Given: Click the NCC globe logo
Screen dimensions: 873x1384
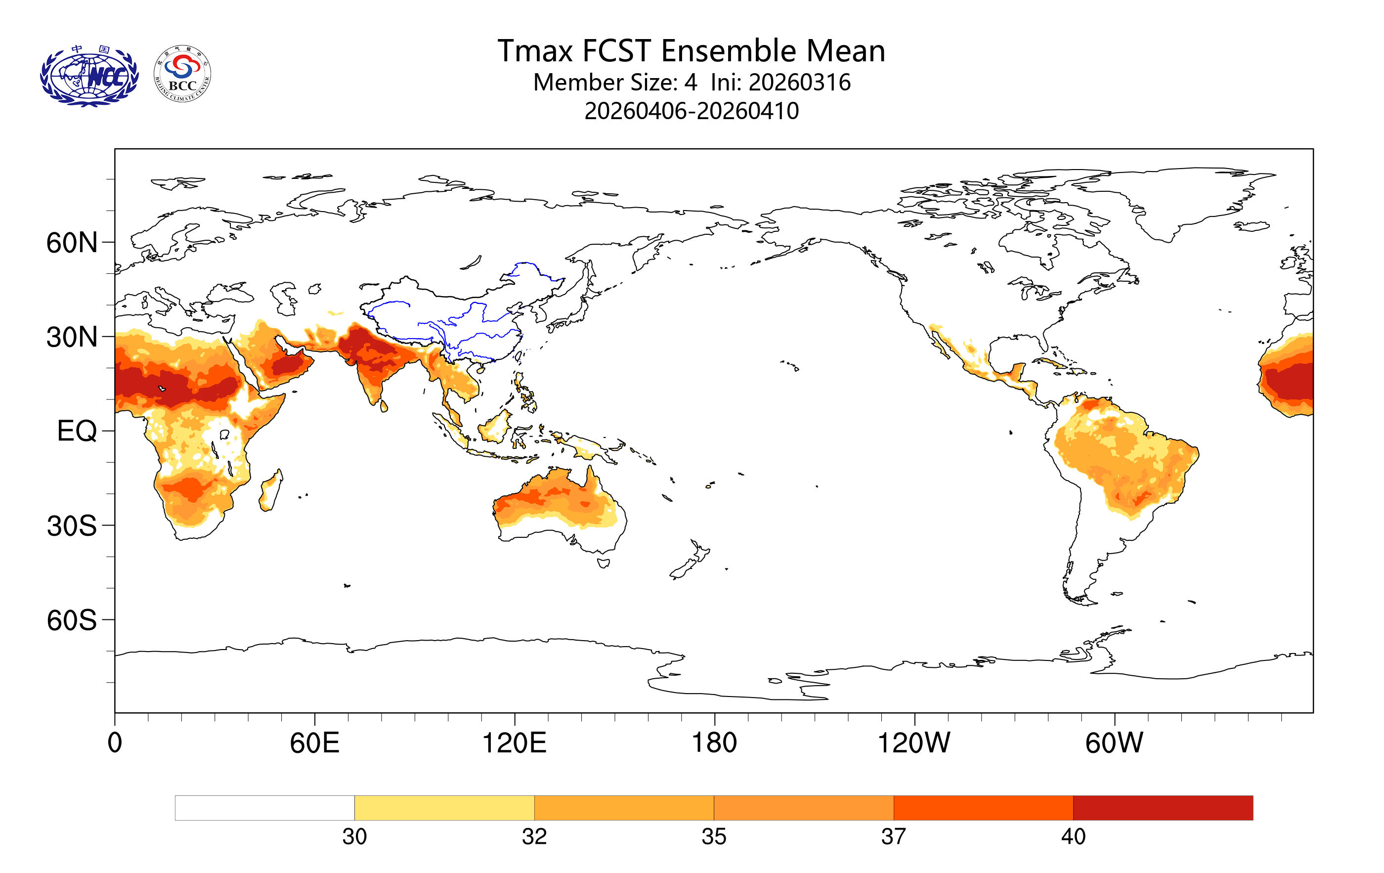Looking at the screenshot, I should [89, 76].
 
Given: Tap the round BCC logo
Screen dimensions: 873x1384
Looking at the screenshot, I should [182, 74].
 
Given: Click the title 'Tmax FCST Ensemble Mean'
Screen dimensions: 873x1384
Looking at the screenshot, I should [691, 50].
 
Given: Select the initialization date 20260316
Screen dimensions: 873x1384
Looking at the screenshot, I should [799, 83].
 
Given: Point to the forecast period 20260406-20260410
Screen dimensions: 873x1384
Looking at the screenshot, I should [692, 111].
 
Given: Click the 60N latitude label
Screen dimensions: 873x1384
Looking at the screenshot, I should [72, 243].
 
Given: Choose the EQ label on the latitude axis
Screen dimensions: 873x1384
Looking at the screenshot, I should [77, 431].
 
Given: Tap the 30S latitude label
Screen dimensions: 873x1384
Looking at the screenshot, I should [72, 526].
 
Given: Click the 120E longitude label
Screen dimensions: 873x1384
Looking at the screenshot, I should [514, 742].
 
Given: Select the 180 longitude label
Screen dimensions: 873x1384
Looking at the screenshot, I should [714, 742].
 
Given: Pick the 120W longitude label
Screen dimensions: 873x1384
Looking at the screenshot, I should [913, 742].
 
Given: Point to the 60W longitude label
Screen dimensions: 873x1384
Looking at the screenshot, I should [1114, 742].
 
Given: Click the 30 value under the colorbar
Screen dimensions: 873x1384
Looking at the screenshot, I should [354, 837].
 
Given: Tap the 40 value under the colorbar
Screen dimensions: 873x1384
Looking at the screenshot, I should [1073, 837].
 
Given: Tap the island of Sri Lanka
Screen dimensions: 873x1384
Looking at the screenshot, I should [384, 406].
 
